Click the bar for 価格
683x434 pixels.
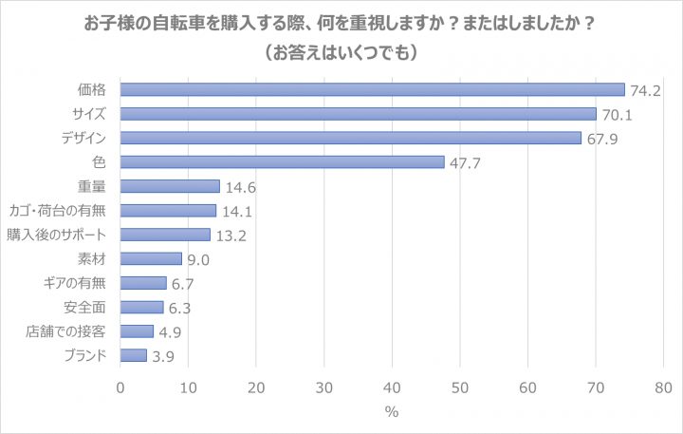point(372,89)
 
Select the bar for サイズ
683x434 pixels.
point(359,114)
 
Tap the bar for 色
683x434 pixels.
point(282,161)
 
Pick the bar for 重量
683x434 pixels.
point(170,186)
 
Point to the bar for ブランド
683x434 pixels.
point(134,355)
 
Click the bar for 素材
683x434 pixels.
point(151,258)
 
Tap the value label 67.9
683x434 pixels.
point(601,139)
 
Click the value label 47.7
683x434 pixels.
point(464,162)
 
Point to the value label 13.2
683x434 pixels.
point(231,236)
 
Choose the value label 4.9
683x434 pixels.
point(173,331)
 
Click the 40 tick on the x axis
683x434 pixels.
point(392,387)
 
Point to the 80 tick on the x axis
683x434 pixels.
point(663,387)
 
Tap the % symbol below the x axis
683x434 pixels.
point(392,412)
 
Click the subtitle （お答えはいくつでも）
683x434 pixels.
point(341,53)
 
